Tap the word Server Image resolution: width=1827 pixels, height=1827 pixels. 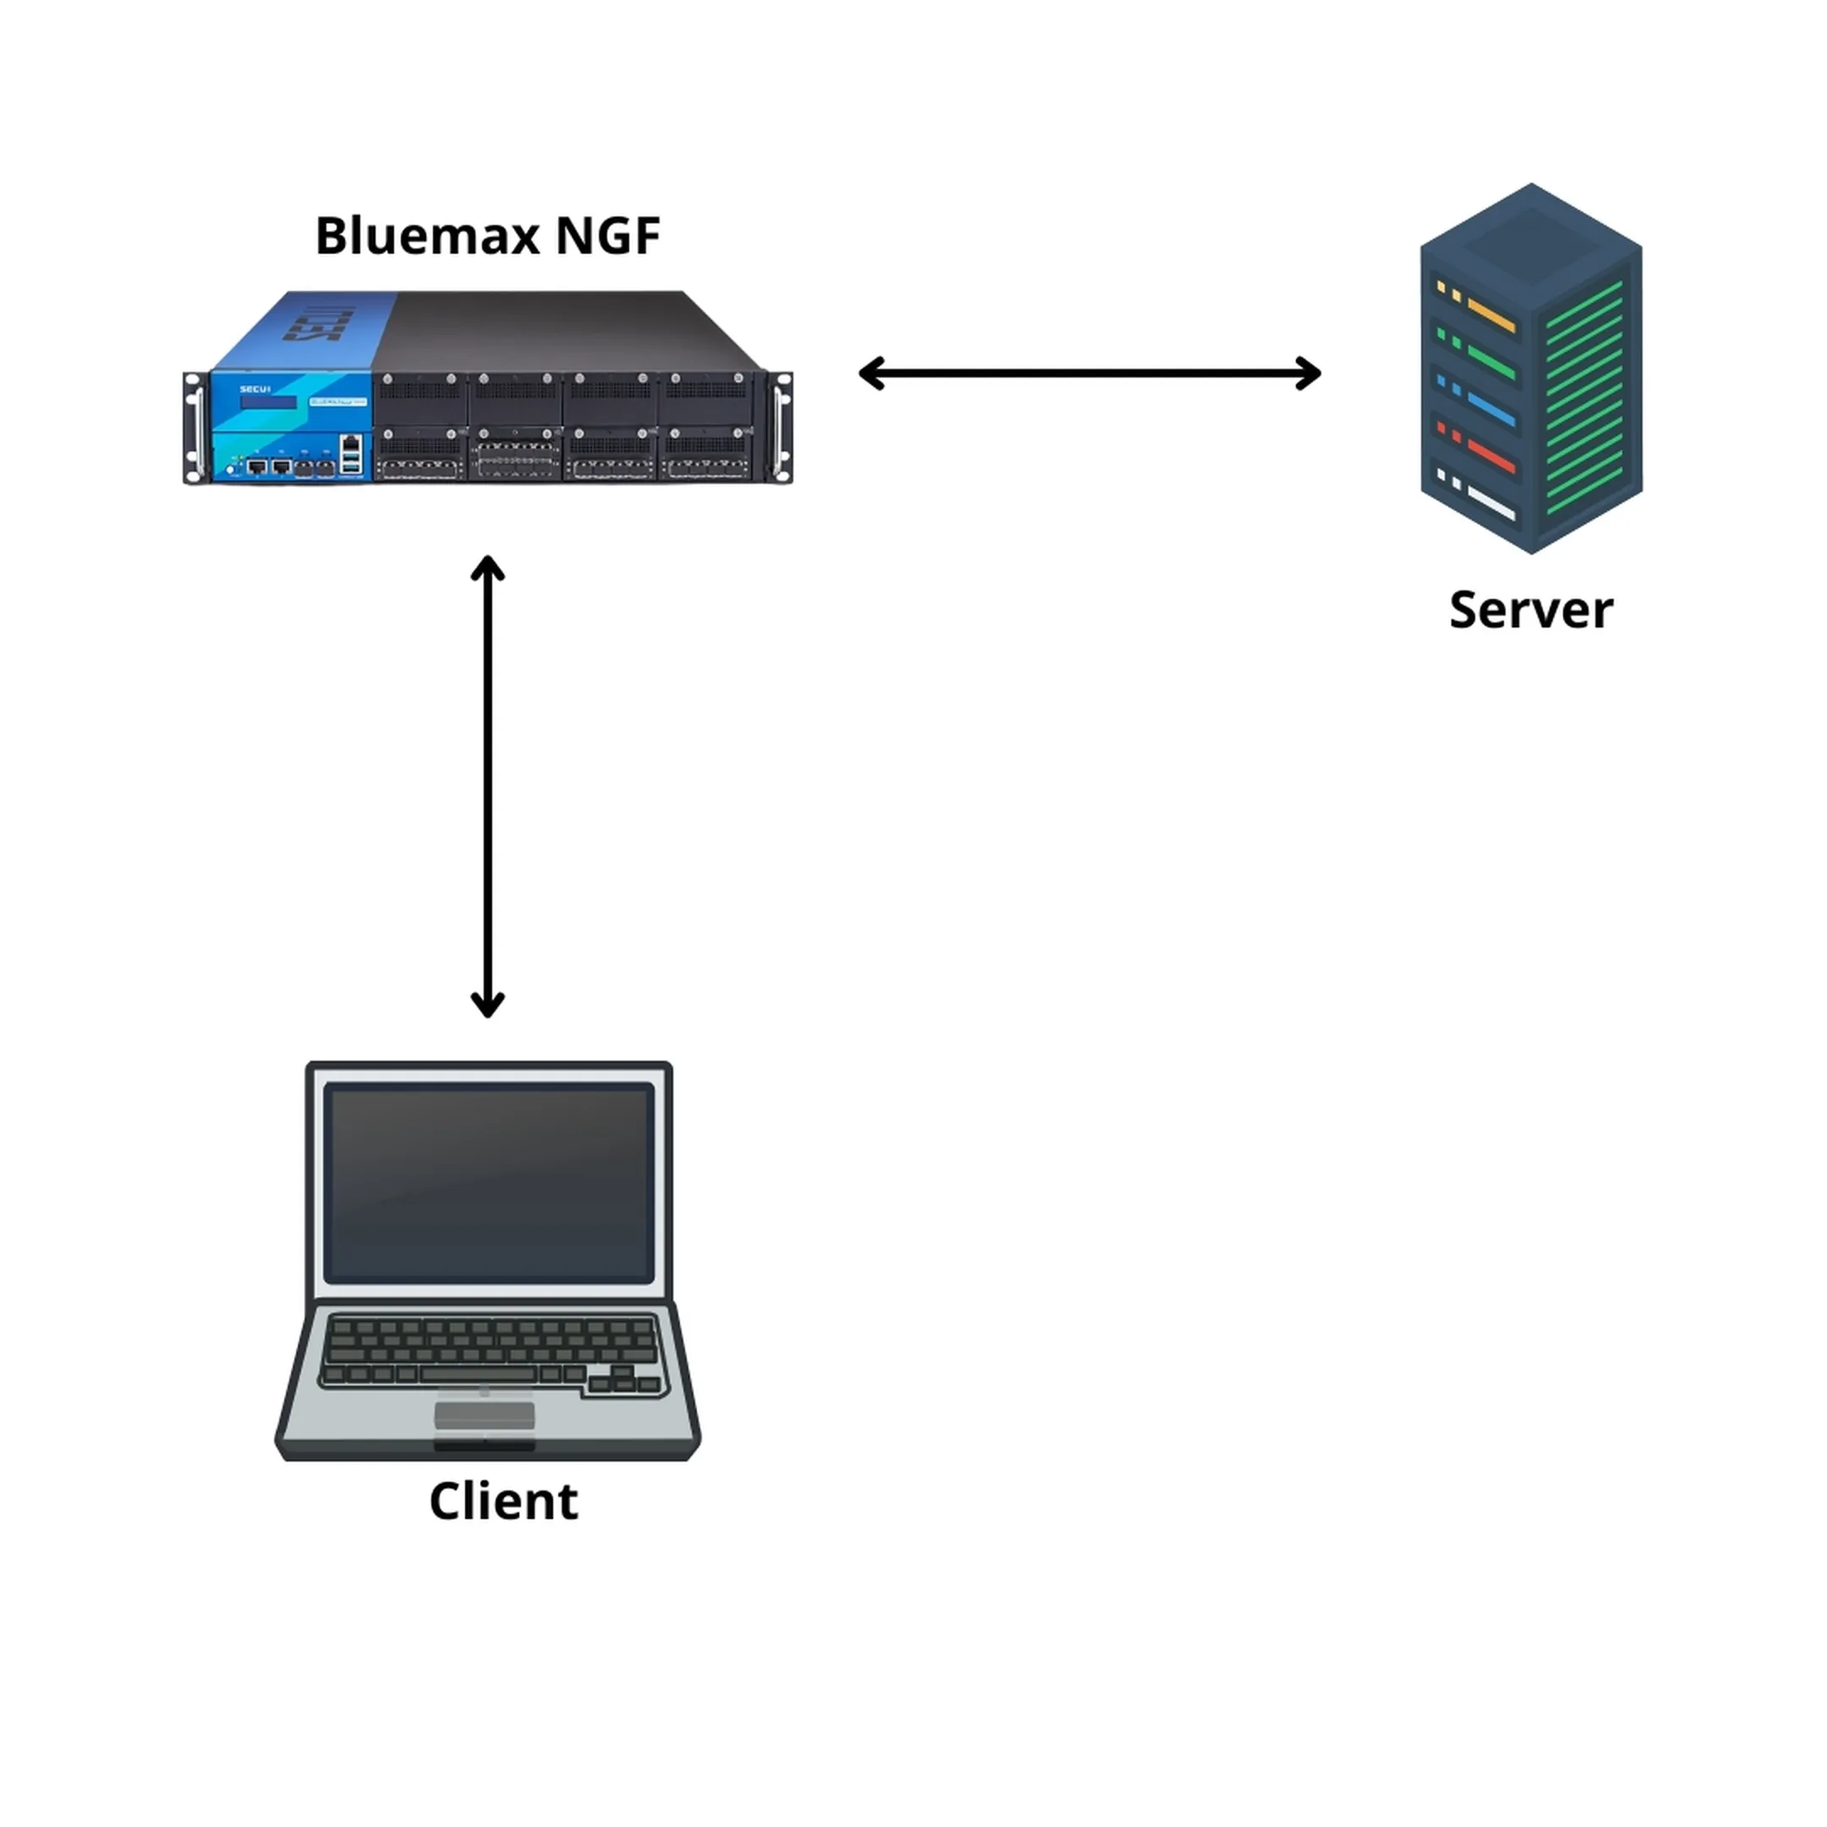pos(1530,610)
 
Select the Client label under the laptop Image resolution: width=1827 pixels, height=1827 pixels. pos(503,1501)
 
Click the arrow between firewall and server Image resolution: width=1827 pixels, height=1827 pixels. pos(1089,374)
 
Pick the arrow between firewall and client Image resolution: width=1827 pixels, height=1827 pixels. pos(488,786)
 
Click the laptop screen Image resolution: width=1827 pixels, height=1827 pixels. pos(489,1182)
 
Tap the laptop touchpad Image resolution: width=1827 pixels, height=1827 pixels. pos(484,1416)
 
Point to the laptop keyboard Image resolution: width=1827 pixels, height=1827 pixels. pos(489,1352)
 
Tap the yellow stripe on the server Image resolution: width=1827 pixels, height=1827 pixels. pos(1490,315)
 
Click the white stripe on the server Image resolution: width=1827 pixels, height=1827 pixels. pos(1490,505)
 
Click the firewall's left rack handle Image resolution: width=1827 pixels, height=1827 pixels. pos(195,427)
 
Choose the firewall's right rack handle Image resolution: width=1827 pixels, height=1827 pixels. pos(783,427)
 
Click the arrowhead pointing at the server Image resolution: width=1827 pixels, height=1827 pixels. pos(1309,374)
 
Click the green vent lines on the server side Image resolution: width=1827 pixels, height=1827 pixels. pos(1584,398)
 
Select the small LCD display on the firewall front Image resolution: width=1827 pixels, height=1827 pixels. pos(269,402)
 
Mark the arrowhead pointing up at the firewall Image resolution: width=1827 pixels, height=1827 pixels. pos(488,568)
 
